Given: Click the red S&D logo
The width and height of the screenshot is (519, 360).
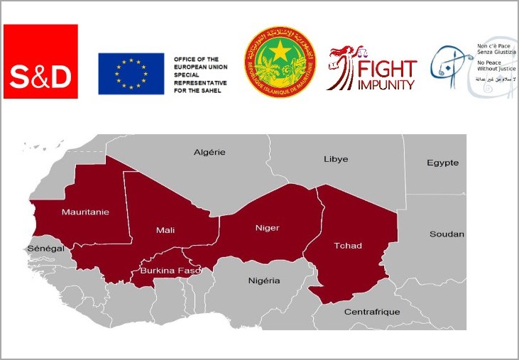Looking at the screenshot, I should tap(40, 61).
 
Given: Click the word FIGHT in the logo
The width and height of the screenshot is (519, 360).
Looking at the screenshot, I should tap(388, 70).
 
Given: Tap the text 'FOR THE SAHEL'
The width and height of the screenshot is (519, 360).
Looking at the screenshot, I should tap(196, 90).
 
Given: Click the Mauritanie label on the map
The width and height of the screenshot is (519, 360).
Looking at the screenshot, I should tap(85, 212).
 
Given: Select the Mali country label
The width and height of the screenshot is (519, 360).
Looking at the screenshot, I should tap(166, 230).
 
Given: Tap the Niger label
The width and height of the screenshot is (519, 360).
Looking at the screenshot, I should tap(267, 228).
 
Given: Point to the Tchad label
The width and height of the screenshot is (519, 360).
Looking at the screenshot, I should tap(347, 246).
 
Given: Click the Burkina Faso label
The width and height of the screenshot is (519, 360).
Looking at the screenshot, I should tap(170, 271).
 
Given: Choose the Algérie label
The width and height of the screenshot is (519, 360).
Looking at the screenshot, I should tap(209, 152).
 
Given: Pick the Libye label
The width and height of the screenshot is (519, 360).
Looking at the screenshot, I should tap(336, 158).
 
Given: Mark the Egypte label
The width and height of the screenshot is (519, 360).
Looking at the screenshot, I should tap(442, 163).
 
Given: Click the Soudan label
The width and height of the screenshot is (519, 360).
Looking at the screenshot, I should tap(447, 234).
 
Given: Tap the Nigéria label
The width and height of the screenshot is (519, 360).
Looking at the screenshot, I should tap(264, 280).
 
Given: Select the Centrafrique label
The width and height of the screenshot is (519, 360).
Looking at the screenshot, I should tap(372, 312).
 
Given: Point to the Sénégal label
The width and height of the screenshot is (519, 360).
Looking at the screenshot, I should tap(45, 249).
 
